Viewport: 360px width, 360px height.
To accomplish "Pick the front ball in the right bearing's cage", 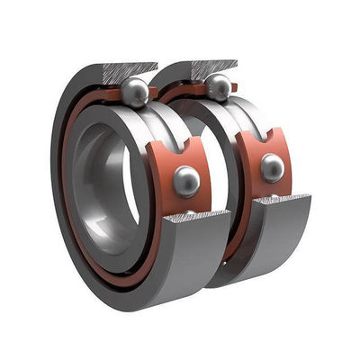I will (271, 167).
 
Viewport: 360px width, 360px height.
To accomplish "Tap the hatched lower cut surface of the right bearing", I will (281, 199).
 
